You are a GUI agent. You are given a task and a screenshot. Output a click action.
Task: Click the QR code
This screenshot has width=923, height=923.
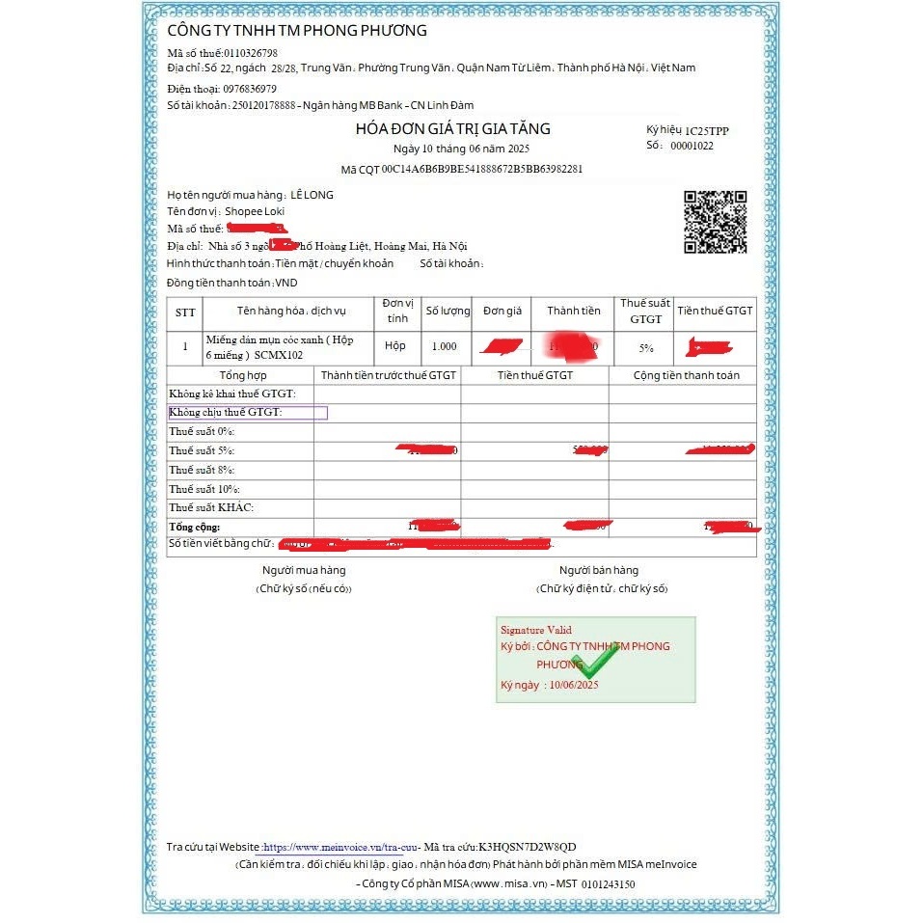716,222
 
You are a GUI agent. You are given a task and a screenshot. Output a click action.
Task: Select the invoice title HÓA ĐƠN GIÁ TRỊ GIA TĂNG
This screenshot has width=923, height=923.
452,129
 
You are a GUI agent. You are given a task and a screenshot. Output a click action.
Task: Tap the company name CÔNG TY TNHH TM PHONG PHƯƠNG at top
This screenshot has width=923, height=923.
297,31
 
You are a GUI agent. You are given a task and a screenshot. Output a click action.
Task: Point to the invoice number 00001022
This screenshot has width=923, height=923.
692,146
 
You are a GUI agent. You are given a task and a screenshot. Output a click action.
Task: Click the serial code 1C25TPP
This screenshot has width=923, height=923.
707,129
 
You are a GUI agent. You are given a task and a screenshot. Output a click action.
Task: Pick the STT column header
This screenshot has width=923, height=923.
185,312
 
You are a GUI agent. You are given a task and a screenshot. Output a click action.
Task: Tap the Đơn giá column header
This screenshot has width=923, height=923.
502,311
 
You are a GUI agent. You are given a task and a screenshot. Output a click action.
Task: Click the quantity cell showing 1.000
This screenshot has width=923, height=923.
445,346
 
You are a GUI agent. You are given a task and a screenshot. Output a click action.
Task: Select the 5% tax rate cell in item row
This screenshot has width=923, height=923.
646,346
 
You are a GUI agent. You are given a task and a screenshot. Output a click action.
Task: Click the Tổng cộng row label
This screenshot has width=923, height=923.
194,527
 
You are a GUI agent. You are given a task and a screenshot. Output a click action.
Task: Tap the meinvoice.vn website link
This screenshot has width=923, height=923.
333,847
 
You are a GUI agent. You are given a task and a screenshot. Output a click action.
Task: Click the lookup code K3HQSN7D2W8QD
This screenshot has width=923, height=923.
527,847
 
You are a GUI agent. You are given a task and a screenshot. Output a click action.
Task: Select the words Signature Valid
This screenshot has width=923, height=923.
535,630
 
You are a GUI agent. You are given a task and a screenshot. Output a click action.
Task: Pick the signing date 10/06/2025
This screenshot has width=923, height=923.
574,685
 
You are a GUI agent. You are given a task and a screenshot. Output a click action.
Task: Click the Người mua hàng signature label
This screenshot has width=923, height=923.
304,570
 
